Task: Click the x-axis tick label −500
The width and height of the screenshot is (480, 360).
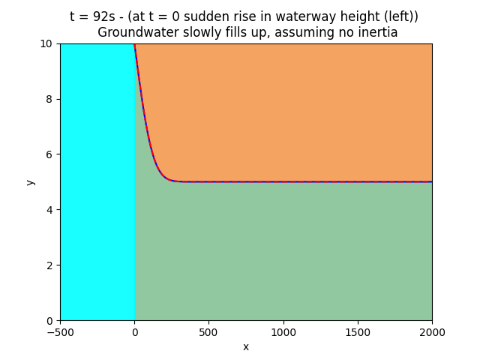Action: tap(60, 332)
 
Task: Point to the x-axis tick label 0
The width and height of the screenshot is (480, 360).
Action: tap(134, 332)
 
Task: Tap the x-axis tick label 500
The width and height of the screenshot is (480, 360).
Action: tap(208, 332)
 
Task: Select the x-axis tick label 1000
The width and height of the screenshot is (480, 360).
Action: tap(283, 332)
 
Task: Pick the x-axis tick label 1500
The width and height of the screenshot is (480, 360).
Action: tap(357, 332)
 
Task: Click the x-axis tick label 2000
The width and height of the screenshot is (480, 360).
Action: tap(431, 332)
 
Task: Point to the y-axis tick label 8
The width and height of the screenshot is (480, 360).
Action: tap(50, 99)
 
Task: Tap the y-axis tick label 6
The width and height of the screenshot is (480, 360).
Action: tap(50, 154)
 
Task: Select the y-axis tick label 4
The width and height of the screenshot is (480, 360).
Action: tap(50, 210)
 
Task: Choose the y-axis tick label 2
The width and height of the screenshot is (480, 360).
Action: tap(50, 265)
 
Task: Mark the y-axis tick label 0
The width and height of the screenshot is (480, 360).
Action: tap(50, 321)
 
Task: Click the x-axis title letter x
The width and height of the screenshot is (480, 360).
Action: tap(246, 346)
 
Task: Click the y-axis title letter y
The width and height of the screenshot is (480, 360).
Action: tap(30, 182)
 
